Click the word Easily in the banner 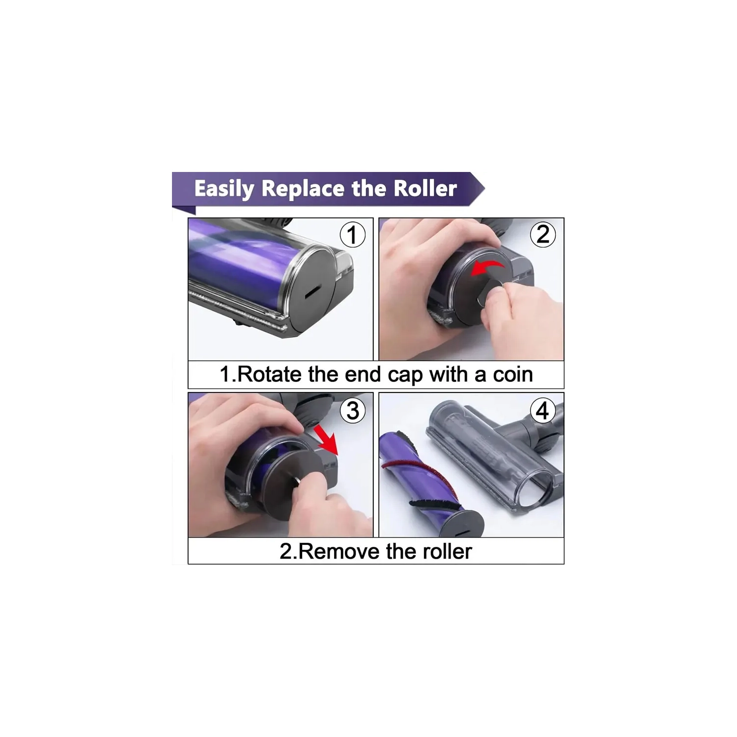[x=224, y=189]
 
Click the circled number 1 [x=352, y=234]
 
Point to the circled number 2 [x=542, y=234]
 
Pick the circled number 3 [x=352, y=410]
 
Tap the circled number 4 [x=542, y=410]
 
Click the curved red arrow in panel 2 [x=488, y=268]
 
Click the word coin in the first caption [x=513, y=374]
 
